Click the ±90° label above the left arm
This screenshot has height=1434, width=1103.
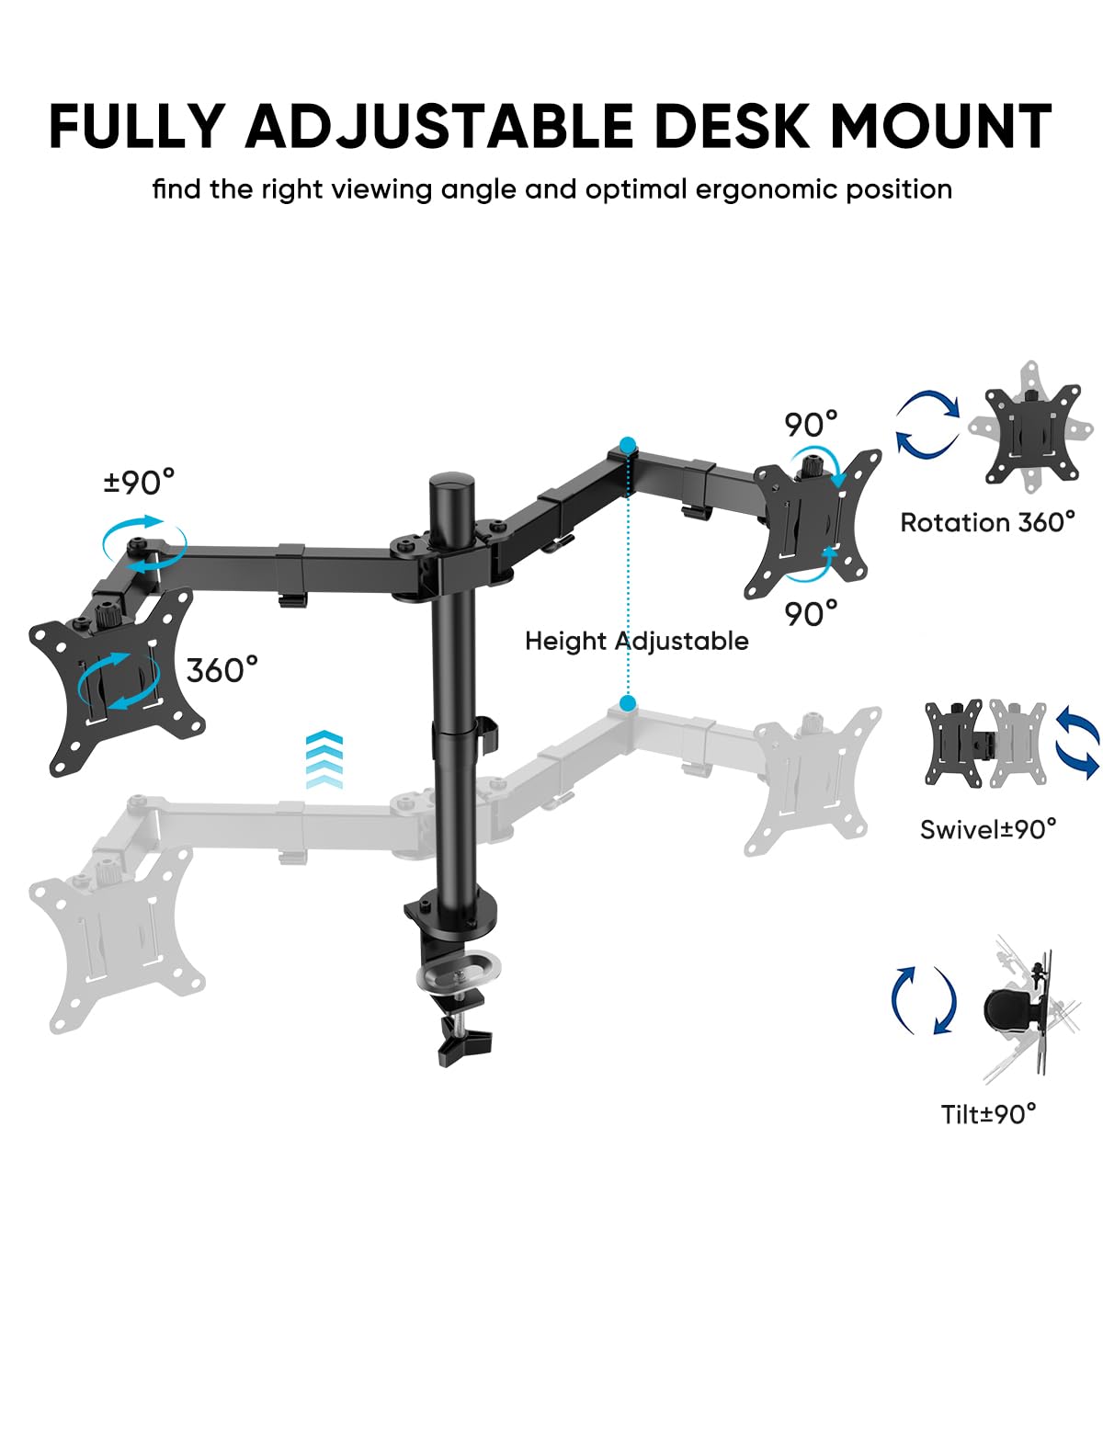[x=138, y=482]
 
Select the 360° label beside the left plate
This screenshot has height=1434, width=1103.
[x=222, y=670]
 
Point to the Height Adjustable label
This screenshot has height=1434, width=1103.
[x=636, y=641]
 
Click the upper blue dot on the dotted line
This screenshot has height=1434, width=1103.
[x=628, y=446]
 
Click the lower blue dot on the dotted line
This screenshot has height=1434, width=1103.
[x=628, y=704]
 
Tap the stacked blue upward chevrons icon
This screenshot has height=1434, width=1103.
[x=324, y=759]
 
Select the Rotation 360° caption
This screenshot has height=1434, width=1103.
[x=987, y=522]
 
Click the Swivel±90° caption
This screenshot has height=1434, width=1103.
[x=987, y=829]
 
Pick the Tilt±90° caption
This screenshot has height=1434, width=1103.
[x=987, y=1114]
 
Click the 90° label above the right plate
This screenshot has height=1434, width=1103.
[x=811, y=425]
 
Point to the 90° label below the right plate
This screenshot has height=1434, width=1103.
[x=811, y=613]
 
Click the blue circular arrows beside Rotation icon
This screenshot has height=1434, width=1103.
[x=927, y=424]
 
